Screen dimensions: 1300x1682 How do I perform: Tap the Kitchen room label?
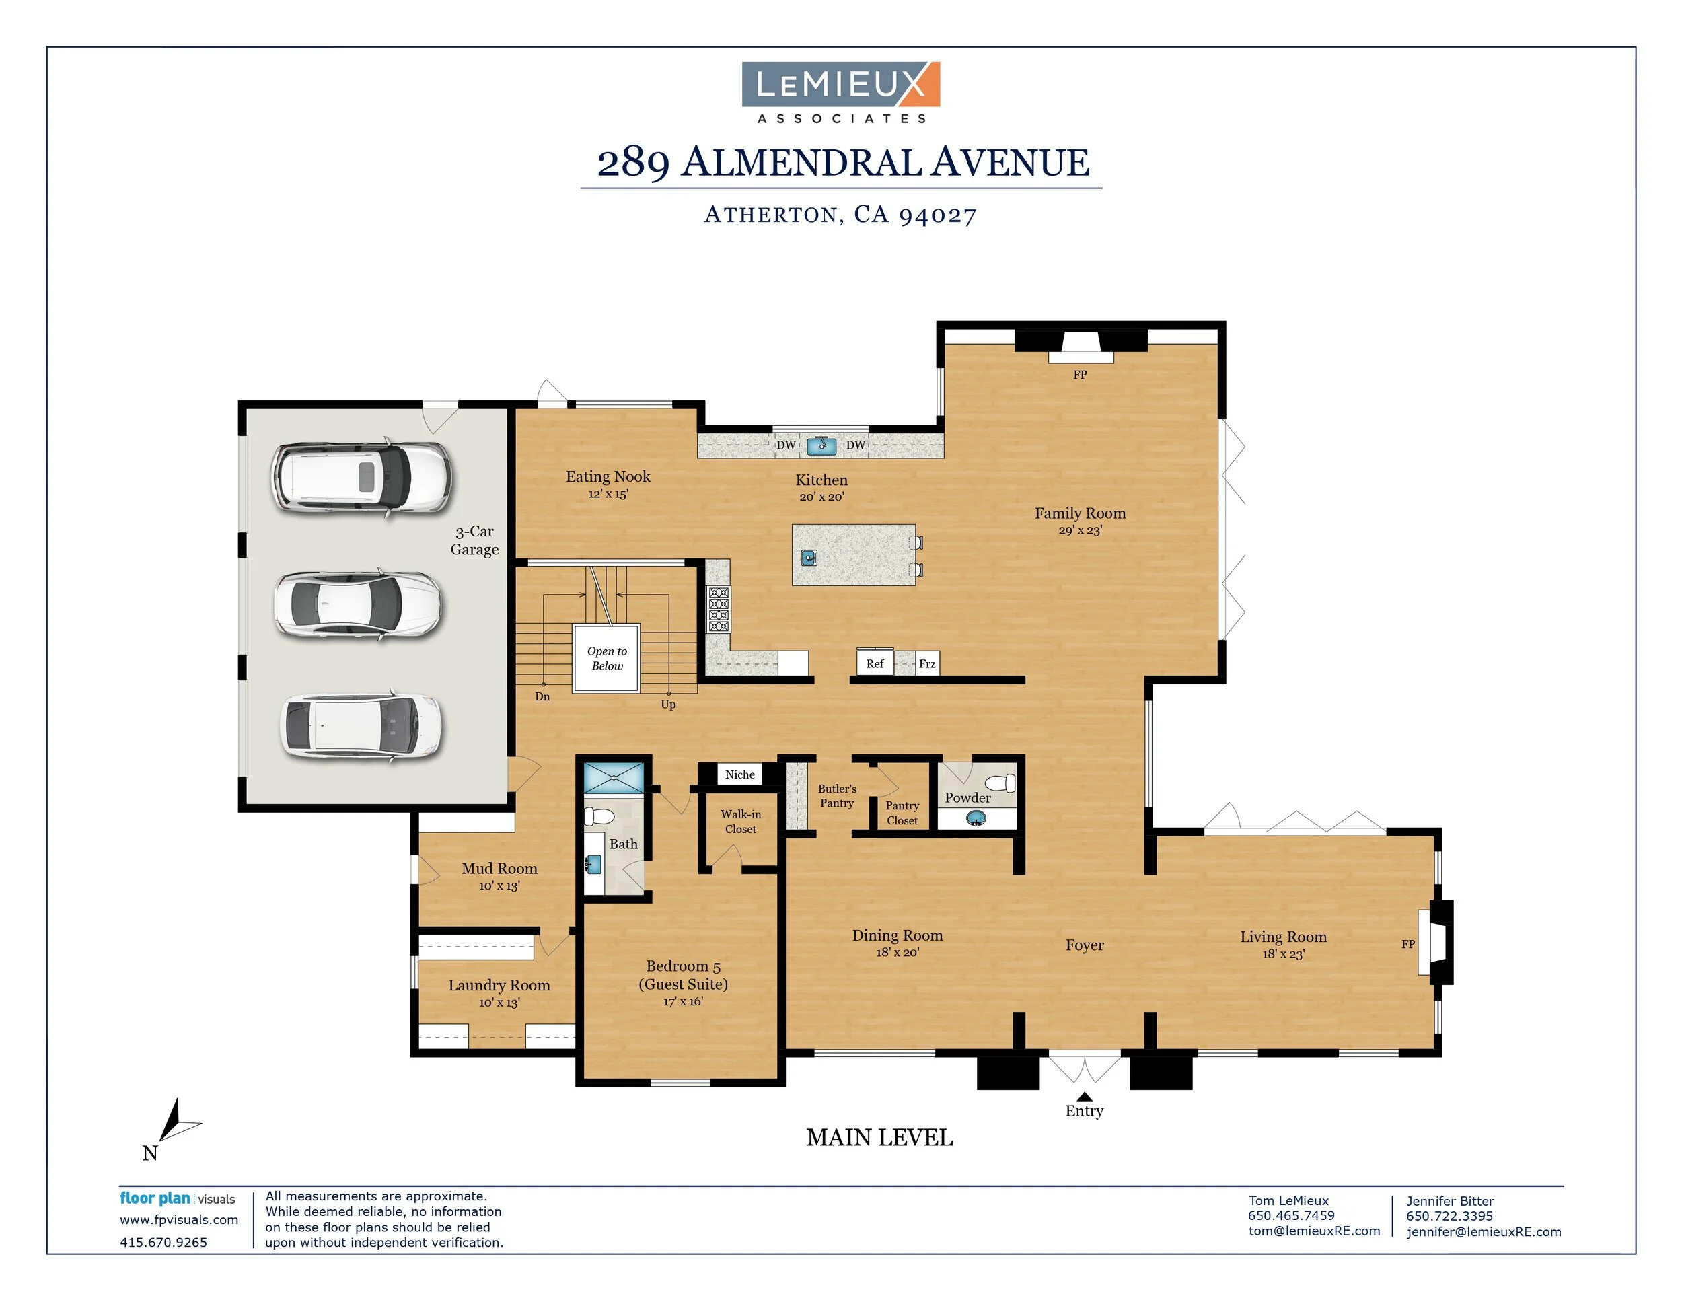click(821, 480)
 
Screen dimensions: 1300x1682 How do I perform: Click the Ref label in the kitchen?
click(875, 664)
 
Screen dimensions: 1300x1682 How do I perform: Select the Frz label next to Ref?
click(927, 664)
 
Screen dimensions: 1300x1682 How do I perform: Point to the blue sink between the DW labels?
click(821, 445)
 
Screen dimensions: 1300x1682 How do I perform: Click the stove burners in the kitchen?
click(719, 609)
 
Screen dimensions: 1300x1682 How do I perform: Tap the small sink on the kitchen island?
click(809, 558)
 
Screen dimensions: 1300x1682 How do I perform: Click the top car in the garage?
click(361, 478)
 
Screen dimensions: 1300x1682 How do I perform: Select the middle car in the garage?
click(359, 604)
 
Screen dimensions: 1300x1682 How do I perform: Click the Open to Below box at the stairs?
click(606, 659)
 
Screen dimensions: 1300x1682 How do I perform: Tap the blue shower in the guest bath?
click(613, 778)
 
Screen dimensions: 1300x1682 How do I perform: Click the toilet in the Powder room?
click(1000, 783)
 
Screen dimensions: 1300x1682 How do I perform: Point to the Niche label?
click(739, 774)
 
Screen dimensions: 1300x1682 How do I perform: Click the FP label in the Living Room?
click(1407, 944)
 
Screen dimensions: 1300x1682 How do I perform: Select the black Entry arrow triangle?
click(1085, 1096)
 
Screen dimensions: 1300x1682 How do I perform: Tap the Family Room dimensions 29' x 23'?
click(1080, 530)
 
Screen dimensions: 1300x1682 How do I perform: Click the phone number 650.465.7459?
click(1290, 1215)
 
